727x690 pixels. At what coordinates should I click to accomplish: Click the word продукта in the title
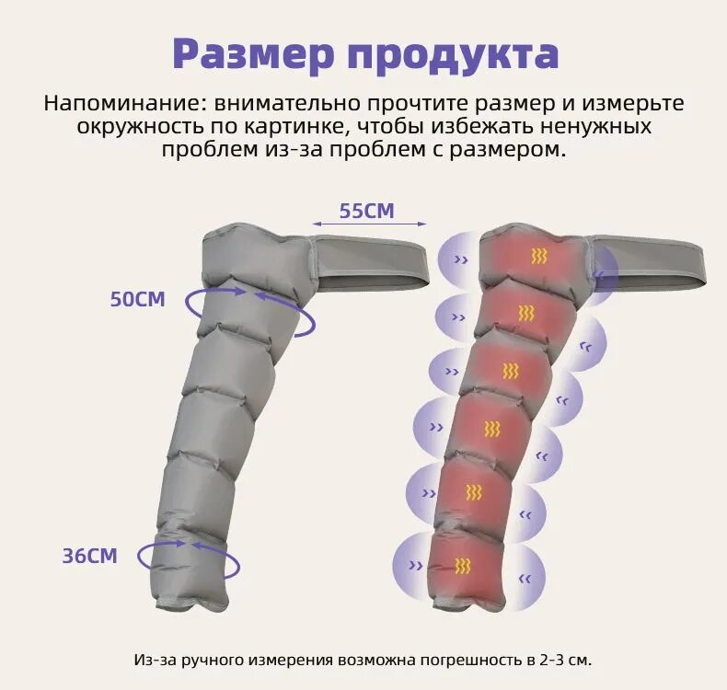(452, 55)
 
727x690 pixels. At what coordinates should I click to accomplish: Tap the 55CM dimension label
(366, 211)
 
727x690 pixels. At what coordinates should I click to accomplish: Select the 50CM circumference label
(138, 300)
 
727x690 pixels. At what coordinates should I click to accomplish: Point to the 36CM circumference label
(90, 556)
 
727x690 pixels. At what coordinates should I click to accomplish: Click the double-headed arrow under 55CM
(368, 224)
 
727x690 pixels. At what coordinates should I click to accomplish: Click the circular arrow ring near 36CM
(189, 558)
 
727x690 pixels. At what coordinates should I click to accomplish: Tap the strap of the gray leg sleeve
(368, 259)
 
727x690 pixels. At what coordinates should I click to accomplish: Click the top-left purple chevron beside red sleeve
(461, 260)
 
